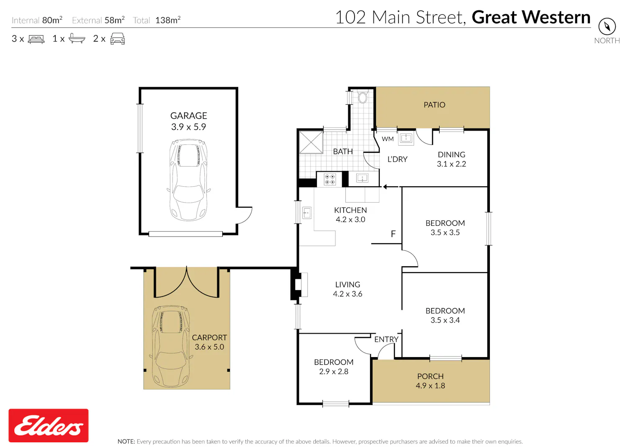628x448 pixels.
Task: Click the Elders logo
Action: pos(49,425)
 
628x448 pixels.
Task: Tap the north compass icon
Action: pos(607,27)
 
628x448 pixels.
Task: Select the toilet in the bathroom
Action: pos(363,97)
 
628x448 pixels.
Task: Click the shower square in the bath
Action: pos(311,142)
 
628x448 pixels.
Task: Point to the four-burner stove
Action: pos(329,180)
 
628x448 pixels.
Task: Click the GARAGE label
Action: pos(189,116)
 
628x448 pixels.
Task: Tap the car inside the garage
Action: pos(189,180)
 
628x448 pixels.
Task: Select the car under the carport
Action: pos(171,347)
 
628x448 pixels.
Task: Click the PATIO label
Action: pos(434,105)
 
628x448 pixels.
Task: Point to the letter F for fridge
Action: pos(393,234)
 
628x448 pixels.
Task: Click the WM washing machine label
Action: pos(388,139)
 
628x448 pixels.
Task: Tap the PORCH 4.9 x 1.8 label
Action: pos(430,381)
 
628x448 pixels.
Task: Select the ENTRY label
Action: pos(386,339)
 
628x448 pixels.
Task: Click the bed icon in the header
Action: pos(36,39)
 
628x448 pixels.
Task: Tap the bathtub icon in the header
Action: pos(77,39)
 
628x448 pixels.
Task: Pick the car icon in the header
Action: pos(118,39)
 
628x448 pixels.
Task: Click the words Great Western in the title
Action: pos(531,17)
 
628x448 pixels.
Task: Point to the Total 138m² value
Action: pos(168,20)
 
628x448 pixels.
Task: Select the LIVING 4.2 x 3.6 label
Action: pos(347,289)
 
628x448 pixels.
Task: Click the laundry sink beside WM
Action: pos(406,138)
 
